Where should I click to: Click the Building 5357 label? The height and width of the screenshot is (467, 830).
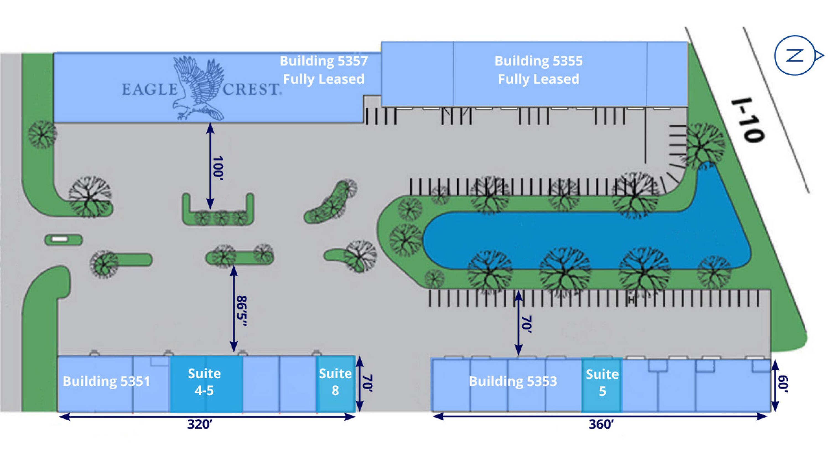click(x=323, y=61)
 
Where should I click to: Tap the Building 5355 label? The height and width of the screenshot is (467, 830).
click(x=538, y=61)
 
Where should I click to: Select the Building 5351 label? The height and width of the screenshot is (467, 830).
click(x=106, y=381)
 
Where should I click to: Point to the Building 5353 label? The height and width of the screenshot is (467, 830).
click(x=513, y=381)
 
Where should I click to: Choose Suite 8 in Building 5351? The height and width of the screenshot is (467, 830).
click(x=335, y=382)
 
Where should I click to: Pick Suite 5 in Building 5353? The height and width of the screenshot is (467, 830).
click(x=602, y=383)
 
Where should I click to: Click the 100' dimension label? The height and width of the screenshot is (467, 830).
click(x=218, y=168)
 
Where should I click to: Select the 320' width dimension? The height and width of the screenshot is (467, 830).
click(x=200, y=424)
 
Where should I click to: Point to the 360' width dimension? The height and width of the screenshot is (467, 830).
click(x=601, y=424)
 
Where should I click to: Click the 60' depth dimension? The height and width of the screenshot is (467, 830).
click(x=783, y=384)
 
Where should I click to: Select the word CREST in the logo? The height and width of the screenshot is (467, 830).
click(x=251, y=89)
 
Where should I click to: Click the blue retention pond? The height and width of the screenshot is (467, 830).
click(x=580, y=240)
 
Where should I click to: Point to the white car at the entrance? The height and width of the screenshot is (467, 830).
click(x=59, y=239)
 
